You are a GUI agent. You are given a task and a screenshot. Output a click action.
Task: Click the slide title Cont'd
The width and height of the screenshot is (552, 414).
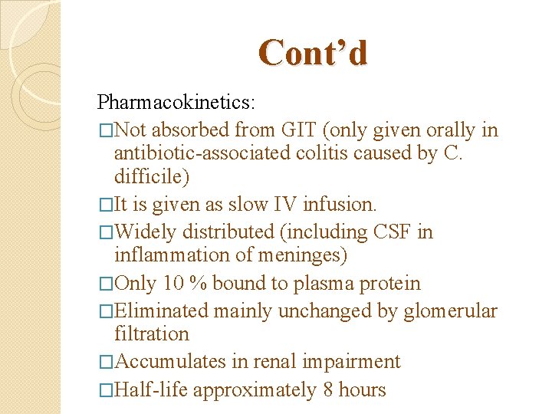point(313,53)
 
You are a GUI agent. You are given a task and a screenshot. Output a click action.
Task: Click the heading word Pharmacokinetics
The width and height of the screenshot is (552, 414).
point(176,101)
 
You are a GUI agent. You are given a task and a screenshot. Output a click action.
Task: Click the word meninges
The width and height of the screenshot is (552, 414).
point(302,255)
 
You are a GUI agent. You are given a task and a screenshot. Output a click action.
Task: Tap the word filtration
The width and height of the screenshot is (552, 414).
point(151,333)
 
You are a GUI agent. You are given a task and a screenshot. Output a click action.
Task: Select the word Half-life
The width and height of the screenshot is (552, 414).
point(150,389)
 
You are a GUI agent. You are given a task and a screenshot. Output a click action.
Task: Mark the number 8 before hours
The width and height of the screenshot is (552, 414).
point(328,389)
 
